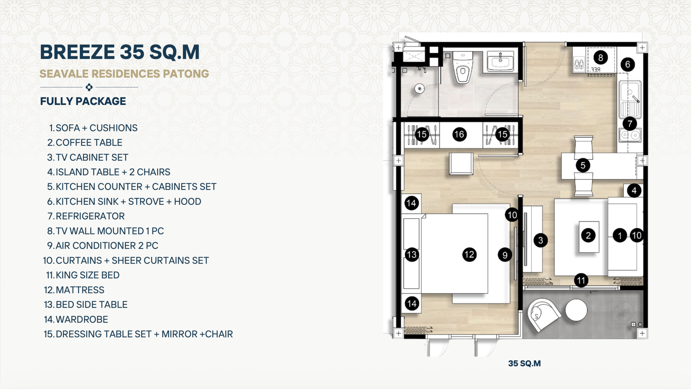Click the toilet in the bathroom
pyautogui.click(x=463, y=67)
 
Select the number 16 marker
pyautogui.click(x=459, y=134)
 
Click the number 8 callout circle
pyautogui.click(x=601, y=58)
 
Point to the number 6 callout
pyautogui.click(x=628, y=64)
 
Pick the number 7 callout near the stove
pyautogui.click(x=630, y=123)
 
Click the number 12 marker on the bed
pyautogui.click(x=469, y=254)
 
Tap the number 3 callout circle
pyautogui.click(x=541, y=240)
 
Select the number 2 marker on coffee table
pyautogui.click(x=588, y=235)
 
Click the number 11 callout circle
pyautogui.click(x=581, y=280)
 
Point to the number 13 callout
pyautogui.click(x=412, y=254)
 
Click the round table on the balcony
pyautogui.click(x=576, y=310)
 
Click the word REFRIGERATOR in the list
pyautogui.click(x=90, y=216)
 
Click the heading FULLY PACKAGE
pyautogui.click(x=83, y=101)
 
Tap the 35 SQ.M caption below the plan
pyautogui.click(x=524, y=363)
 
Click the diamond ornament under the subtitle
pyautogui.click(x=89, y=87)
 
